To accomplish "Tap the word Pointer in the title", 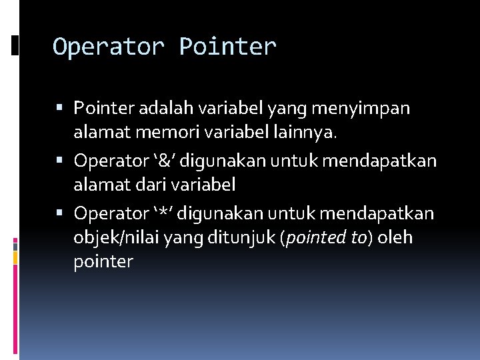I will click(227, 47).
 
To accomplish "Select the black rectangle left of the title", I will click(15, 45).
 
